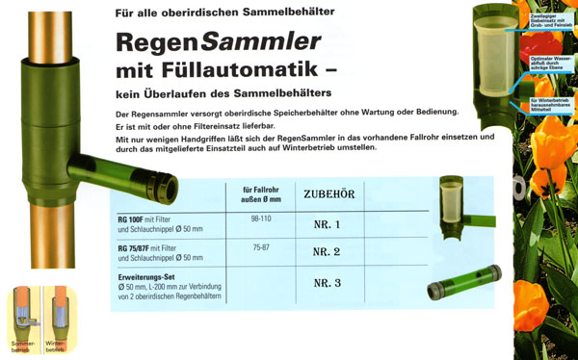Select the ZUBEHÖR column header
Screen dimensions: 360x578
(329, 194)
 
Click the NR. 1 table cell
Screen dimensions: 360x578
(329, 224)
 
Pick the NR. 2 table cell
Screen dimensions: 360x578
(329, 253)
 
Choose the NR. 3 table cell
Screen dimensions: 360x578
(329, 284)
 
